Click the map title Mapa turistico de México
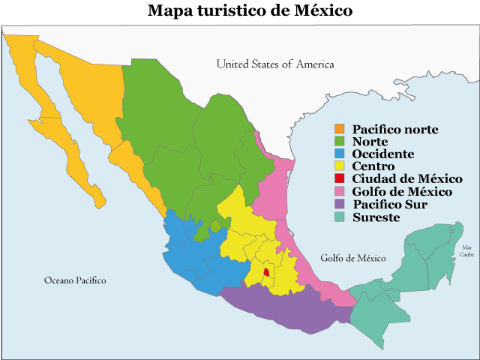239,10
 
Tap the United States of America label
275,64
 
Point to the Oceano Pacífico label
75,280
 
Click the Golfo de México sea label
352,258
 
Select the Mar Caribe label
467,250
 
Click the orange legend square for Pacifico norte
340,130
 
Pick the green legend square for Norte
340,142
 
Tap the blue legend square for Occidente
340,154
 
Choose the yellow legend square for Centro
340,166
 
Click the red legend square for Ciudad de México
340,178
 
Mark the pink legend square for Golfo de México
340,191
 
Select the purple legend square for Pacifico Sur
340,204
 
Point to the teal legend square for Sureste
340,217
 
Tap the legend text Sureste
376,217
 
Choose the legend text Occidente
382,154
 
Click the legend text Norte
370,142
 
